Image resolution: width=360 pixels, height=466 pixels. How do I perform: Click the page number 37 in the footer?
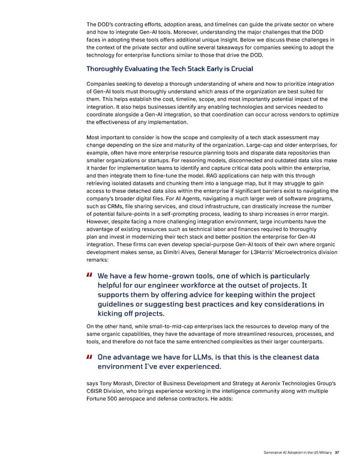[337, 453]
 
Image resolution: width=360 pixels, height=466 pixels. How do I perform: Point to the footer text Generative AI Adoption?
[281, 453]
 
